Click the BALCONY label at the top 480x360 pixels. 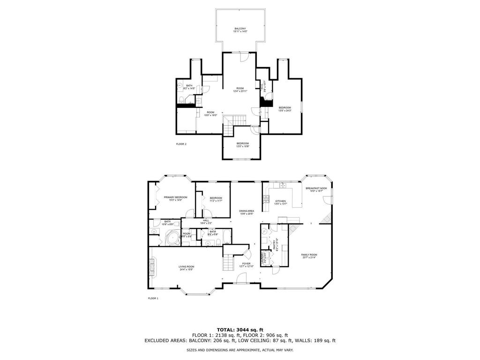(x=240, y=29)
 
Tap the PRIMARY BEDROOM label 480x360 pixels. (x=176, y=197)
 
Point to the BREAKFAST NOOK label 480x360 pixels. (x=316, y=188)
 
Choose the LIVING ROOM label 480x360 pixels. (x=186, y=267)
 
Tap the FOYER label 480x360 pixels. (x=246, y=264)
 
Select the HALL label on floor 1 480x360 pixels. (x=206, y=220)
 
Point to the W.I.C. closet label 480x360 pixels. (x=264, y=86)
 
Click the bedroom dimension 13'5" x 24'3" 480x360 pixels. (x=285, y=111)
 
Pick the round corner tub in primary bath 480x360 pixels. (x=172, y=238)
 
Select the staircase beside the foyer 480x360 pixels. (x=228, y=261)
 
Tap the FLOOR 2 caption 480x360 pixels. (x=181, y=144)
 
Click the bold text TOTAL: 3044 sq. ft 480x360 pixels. (x=240, y=329)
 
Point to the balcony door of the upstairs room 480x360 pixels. (x=243, y=57)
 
